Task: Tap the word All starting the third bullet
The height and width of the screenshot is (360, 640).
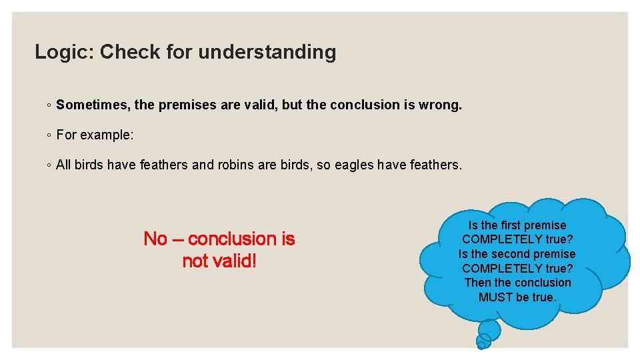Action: (x=63, y=165)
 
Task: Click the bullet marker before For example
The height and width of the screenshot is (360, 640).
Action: (x=49, y=135)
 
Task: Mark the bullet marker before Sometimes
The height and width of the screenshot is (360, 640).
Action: (x=49, y=105)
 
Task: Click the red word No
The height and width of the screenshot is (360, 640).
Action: (x=155, y=239)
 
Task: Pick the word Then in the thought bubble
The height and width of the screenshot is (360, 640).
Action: (x=477, y=283)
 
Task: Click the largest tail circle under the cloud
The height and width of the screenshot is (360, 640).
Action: (x=489, y=329)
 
